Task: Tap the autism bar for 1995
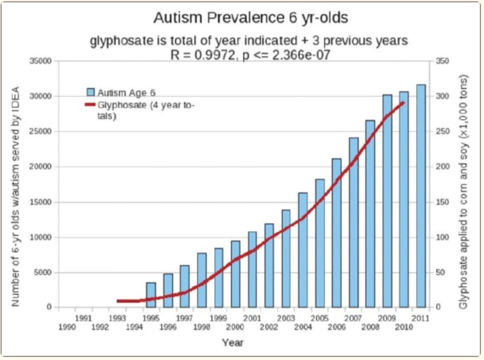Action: point(151,295)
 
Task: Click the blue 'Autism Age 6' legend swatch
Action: point(91,92)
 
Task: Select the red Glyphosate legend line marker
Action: point(90,105)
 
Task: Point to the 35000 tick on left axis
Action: point(41,61)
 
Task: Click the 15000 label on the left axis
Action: point(41,202)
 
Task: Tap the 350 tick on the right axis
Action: point(442,61)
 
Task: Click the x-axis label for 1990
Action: point(67,327)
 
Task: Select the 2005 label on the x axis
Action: point(320,318)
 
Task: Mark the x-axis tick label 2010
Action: point(404,327)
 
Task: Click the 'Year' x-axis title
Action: point(233,343)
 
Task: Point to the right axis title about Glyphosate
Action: point(463,192)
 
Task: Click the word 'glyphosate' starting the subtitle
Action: point(121,40)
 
